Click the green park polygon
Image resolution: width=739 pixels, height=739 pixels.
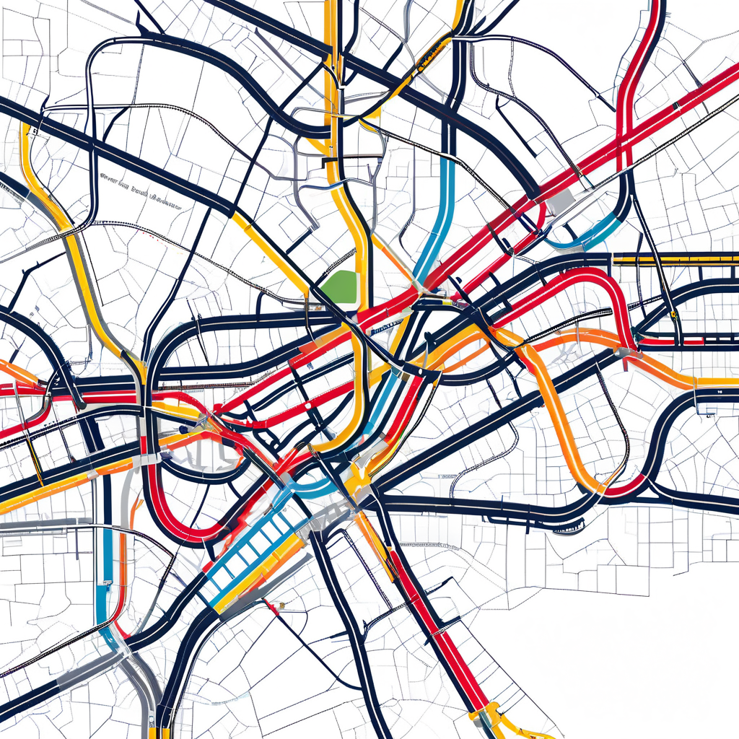pyautogui.click(x=339, y=287)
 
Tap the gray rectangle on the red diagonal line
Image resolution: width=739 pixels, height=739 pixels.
pyautogui.click(x=559, y=204)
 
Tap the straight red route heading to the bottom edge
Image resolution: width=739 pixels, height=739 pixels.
pyautogui.click(x=440, y=628)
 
